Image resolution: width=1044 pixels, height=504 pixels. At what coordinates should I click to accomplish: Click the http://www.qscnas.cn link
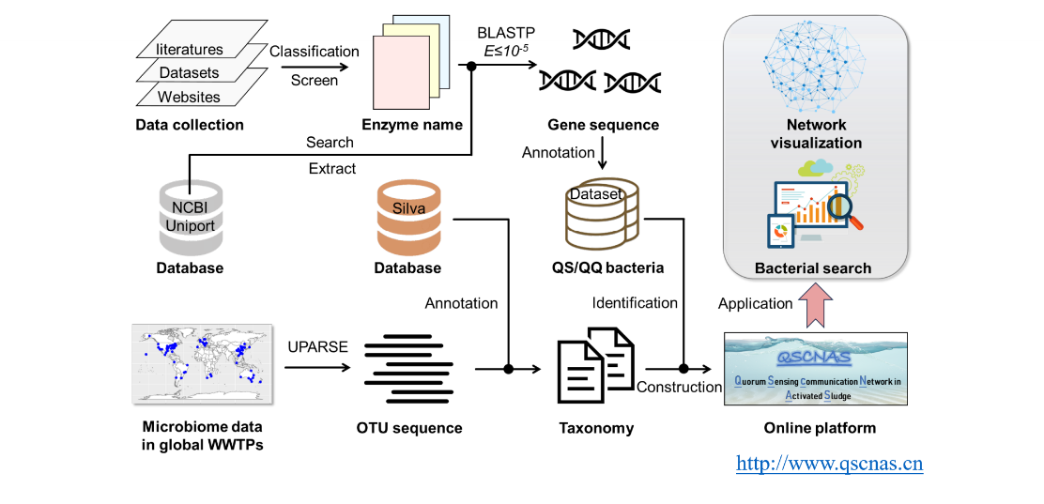coord(829,464)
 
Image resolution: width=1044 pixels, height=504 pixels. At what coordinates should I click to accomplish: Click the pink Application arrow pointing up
coord(814,303)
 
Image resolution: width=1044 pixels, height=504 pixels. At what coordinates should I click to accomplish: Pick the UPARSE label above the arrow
coord(317,346)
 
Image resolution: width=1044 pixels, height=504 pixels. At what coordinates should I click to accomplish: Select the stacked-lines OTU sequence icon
coord(409,367)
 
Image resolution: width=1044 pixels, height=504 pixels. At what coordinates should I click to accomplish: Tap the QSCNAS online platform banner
coord(816,368)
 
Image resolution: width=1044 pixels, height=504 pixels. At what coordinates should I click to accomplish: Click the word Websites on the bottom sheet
coord(189,97)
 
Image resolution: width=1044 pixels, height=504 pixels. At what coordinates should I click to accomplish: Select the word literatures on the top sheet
coord(190,49)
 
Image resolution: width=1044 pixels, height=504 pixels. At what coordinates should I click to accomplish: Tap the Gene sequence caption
coord(604,125)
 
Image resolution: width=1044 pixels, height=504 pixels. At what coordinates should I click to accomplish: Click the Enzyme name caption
coord(412,125)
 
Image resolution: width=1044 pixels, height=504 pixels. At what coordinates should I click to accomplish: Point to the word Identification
coord(635,302)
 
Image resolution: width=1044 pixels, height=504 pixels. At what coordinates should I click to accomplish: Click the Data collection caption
coord(190,125)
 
